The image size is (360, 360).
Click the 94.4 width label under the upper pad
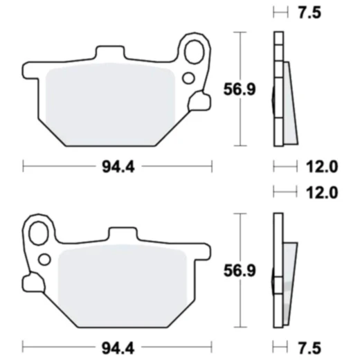(117, 166)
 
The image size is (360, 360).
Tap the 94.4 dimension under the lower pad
(117, 344)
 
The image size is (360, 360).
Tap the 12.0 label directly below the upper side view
(321, 166)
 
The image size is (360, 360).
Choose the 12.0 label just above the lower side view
(321, 192)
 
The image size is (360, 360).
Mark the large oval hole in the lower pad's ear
(40, 231)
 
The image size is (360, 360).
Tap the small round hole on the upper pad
(188, 78)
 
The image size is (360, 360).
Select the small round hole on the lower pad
(46, 260)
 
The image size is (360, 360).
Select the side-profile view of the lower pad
(284, 270)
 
